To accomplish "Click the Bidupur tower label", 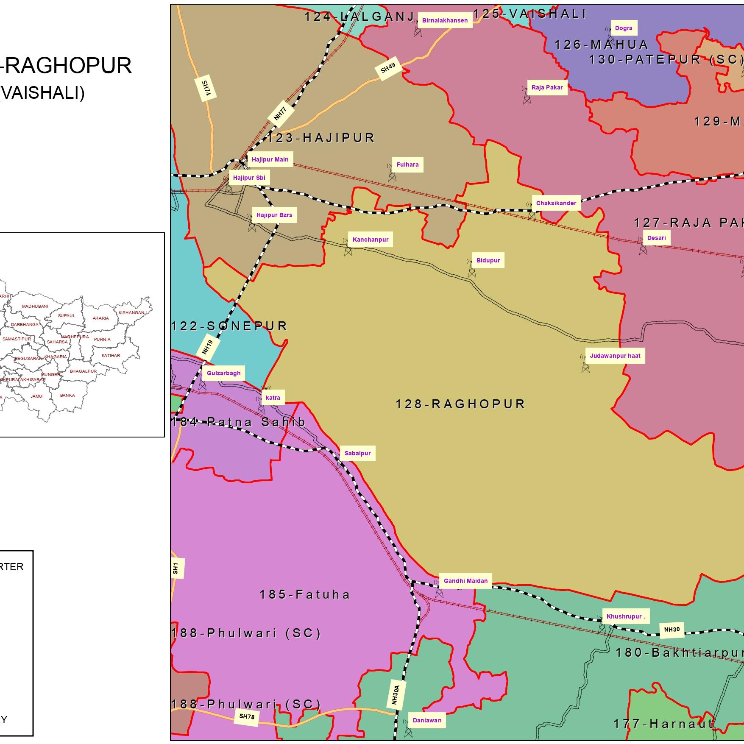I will (488, 260).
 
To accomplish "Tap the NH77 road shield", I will (280, 114).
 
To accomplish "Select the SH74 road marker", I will (206, 89).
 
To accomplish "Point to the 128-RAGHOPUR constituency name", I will (460, 404).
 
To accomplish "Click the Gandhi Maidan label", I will (465, 581).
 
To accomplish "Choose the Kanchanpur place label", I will (370, 240).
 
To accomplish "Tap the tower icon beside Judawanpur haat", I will (585, 364).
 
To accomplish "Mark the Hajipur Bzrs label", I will (274, 215).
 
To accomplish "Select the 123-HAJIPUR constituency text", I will (321, 138).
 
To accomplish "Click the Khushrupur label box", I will (625, 616).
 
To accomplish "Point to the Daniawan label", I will (427, 720).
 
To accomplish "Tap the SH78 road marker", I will (246, 716).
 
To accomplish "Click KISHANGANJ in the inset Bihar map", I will (132, 313).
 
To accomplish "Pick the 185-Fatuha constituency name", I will (305, 594).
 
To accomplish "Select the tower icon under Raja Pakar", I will (527, 97).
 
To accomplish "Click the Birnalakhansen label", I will (445, 20).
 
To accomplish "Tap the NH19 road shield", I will (207, 347).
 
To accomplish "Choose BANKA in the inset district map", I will (67, 395).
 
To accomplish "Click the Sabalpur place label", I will (357, 453).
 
